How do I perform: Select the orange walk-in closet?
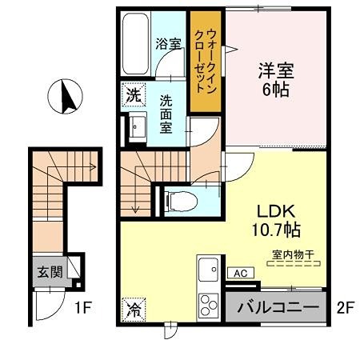tap(204, 62)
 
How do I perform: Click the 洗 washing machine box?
tap(132, 94)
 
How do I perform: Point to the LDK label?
tap(277, 212)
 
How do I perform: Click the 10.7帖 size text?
tap(277, 230)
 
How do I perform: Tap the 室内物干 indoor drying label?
tap(292, 254)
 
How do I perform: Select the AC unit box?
tap(239, 273)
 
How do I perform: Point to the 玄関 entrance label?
tap(46, 271)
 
